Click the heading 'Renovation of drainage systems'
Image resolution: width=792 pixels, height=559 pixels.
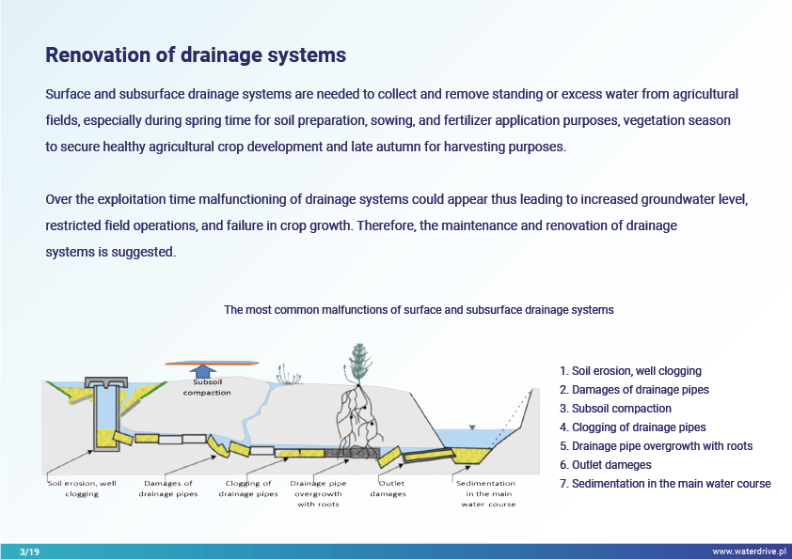(x=196, y=55)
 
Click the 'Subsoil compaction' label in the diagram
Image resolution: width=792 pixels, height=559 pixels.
(x=206, y=388)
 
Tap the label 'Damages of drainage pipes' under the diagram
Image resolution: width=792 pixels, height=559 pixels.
(x=168, y=489)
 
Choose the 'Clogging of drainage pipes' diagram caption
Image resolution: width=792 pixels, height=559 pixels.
(x=248, y=489)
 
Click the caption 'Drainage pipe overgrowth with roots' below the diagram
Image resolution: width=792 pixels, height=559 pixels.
(x=319, y=493)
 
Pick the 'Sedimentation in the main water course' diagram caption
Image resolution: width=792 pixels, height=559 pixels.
(x=488, y=493)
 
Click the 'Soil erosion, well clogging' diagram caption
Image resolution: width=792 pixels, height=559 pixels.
(x=82, y=489)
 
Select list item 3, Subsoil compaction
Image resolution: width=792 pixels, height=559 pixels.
(x=615, y=409)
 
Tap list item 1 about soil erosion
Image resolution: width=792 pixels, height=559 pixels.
(x=630, y=371)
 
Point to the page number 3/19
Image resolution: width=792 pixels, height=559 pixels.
(x=28, y=551)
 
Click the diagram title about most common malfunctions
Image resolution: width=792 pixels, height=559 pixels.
(x=419, y=309)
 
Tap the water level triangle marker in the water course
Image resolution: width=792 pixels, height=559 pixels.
(x=473, y=427)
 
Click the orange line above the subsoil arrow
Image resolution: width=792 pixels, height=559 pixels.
(x=211, y=363)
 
